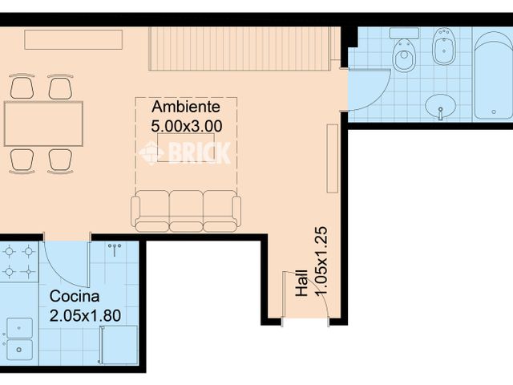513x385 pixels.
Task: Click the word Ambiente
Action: pyautogui.click(x=186, y=107)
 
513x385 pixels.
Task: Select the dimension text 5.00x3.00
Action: pyautogui.click(x=186, y=125)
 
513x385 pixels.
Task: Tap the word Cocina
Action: pyautogui.click(x=74, y=295)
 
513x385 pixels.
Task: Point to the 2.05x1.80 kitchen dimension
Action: pyautogui.click(x=85, y=314)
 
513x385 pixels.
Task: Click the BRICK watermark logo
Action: pyautogui.click(x=185, y=152)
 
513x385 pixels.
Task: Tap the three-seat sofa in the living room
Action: pyautogui.click(x=186, y=210)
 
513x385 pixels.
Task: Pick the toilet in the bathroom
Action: pyautogui.click(x=404, y=53)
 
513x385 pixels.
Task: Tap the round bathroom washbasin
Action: pyautogui.click(x=440, y=105)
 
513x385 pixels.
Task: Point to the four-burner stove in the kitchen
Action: pyautogui.click(x=18, y=261)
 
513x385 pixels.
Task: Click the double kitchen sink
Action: pyautogui.click(x=18, y=338)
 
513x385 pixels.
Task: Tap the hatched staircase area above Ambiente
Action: pyautogui.click(x=238, y=49)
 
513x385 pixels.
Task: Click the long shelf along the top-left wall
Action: pyautogui.click(x=73, y=39)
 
